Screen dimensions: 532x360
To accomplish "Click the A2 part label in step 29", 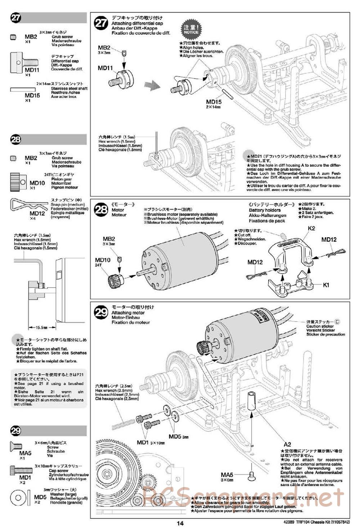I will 287,444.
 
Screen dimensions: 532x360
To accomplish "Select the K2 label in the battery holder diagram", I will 311,228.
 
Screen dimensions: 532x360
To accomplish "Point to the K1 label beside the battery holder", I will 326,285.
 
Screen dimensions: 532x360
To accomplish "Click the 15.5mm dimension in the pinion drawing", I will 42,328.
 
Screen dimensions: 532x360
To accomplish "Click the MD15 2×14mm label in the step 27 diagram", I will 213,104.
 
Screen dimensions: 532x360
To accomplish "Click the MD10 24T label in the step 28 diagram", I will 103,262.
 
